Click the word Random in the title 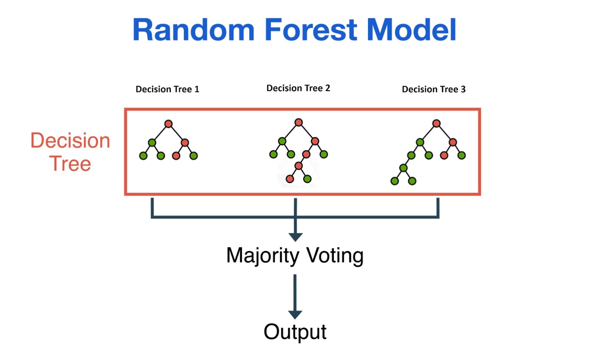[x=194, y=29]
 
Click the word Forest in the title [x=311, y=29]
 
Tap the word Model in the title [x=411, y=29]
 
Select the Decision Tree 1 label [x=167, y=89]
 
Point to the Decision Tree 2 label [x=298, y=88]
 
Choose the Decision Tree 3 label [x=434, y=89]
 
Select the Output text [x=295, y=332]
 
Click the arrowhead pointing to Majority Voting [x=295, y=237]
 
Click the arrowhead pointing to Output [x=295, y=315]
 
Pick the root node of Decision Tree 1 [x=168, y=124]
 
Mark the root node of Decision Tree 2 [x=299, y=122]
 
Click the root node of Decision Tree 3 [x=436, y=123]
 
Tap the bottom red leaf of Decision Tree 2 [x=290, y=179]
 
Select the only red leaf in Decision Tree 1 [x=176, y=156]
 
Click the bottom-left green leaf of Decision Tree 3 [x=394, y=181]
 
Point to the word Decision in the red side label [x=70, y=141]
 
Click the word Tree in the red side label [x=70, y=163]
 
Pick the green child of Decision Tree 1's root [x=152, y=143]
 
